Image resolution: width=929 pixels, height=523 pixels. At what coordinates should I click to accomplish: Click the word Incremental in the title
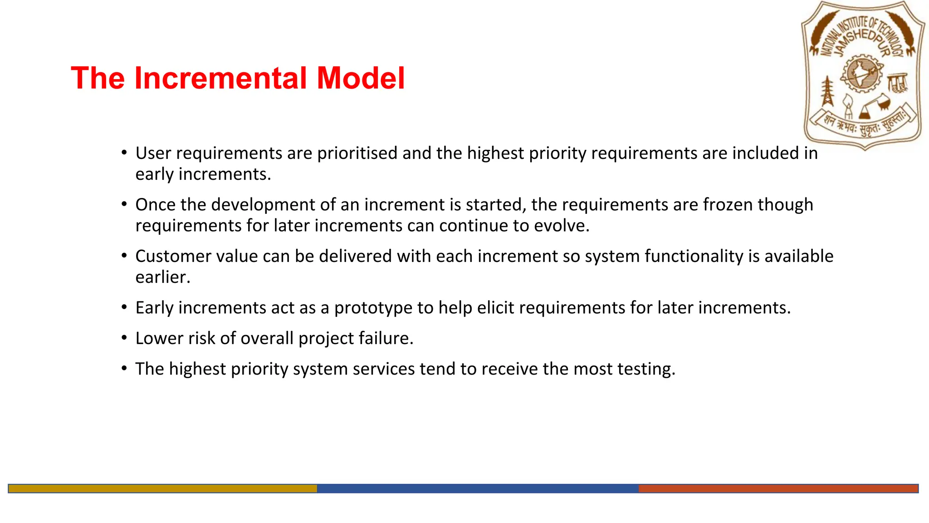pos(221,78)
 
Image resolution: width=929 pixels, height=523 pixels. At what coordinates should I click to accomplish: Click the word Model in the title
pos(360,78)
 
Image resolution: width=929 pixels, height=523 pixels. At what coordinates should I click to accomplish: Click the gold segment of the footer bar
pos(162,488)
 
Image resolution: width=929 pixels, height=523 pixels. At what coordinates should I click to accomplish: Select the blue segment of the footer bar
pos(477,488)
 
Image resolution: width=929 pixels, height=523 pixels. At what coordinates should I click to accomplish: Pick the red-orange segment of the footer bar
pos(778,488)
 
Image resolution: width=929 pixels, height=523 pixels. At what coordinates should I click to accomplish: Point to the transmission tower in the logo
pos(828,91)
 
